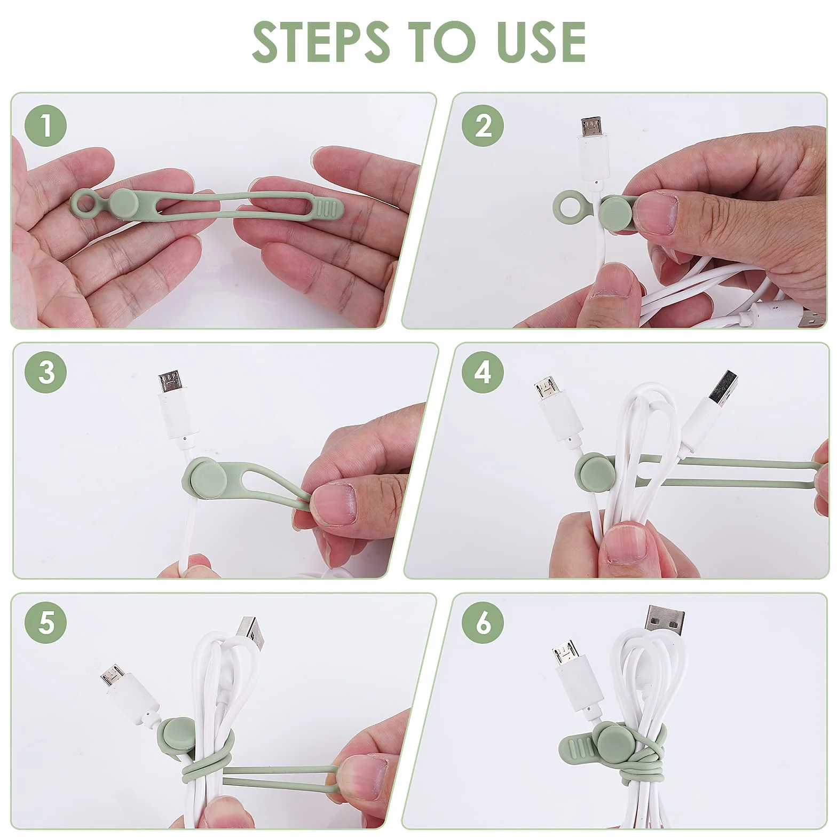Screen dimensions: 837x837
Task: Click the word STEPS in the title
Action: click(x=321, y=42)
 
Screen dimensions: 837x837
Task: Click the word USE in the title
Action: click(x=541, y=42)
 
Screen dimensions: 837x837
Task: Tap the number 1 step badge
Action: click(x=45, y=126)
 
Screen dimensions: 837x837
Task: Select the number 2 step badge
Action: click(x=483, y=126)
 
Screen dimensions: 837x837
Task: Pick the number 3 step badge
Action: click(x=45, y=372)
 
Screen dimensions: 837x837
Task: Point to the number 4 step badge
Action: click(x=483, y=372)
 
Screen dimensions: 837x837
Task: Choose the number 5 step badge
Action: click(x=45, y=622)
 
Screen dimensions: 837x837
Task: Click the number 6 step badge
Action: click(x=483, y=622)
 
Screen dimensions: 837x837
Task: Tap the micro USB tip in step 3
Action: click(x=170, y=383)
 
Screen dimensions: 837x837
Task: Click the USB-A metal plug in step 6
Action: click(x=665, y=621)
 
